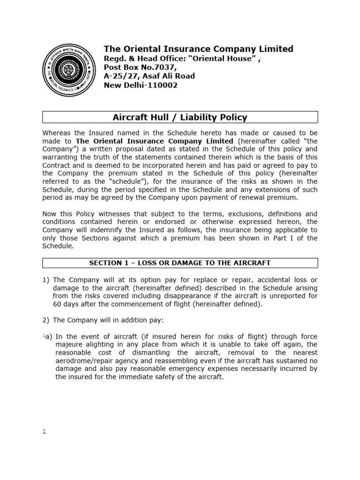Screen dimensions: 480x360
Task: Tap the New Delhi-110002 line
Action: coord(141,86)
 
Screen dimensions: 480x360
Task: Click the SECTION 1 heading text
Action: coord(180,263)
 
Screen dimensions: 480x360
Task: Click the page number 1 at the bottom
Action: coord(44,432)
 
